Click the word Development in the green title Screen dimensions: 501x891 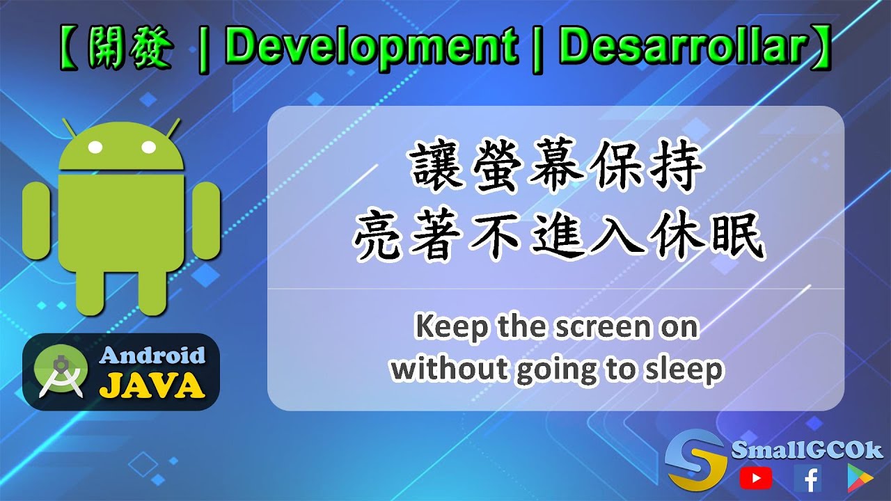pyautogui.click(x=371, y=47)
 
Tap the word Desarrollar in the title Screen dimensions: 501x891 pyautogui.click(x=683, y=47)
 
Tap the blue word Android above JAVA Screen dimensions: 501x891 pyautogui.click(x=153, y=356)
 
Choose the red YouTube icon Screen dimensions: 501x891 pyautogui.click(x=755, y=477)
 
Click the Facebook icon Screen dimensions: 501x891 pyautogui.click(x=807, y=478)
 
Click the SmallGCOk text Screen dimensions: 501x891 pyautogui.click(x=807, y=450)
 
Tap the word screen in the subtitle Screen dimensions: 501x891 pyautogui.click(x=597, y=326)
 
